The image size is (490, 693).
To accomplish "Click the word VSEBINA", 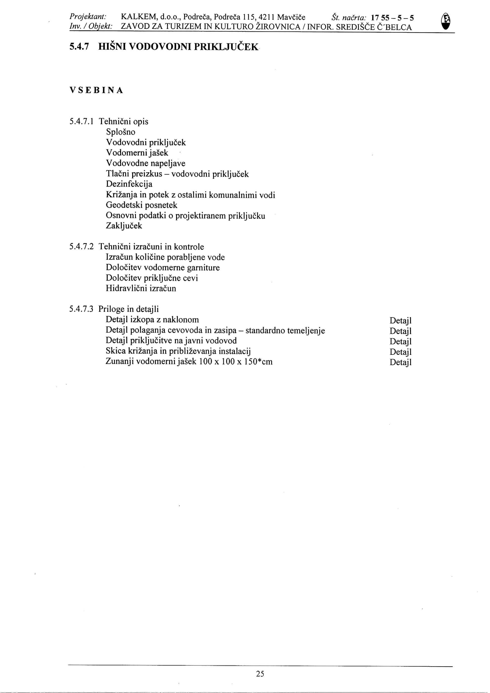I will point(96,90).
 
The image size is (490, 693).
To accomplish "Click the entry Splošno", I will point(121,132).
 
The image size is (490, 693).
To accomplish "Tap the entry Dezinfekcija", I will point(129,184).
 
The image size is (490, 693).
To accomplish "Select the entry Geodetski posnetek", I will point(141,205).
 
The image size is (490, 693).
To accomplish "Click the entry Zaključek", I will point(124,226).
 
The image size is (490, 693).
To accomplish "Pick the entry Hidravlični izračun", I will point(141,288).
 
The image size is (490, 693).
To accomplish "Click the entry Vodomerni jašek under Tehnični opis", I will point(137,153).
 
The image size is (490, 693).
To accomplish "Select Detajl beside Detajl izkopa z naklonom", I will point(400,320).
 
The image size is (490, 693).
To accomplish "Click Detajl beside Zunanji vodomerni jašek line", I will point(400,362).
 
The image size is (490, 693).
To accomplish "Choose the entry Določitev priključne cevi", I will point(152,278).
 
